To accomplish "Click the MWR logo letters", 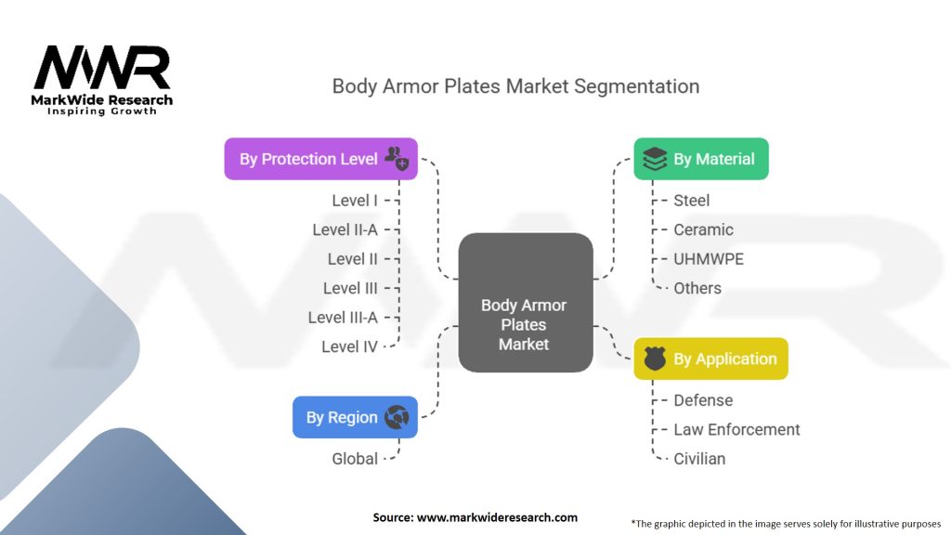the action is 102,67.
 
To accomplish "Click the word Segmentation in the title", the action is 636,86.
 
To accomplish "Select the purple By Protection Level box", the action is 320,159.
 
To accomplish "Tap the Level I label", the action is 354,201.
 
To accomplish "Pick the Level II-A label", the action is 345,230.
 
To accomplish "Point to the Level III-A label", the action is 343,318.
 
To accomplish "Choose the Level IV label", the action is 349,347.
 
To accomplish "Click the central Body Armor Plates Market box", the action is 526,303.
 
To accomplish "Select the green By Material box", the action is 701,159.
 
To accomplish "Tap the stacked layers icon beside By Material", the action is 655,159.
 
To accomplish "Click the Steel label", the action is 691,201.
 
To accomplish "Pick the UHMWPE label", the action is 709,259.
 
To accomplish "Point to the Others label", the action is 697,288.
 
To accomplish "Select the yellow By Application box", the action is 710,359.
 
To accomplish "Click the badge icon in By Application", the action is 655,359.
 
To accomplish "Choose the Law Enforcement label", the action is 736,429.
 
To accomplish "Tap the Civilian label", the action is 699,459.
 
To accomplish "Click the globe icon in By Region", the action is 397,417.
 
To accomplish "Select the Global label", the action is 355,459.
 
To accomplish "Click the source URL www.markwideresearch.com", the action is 498,517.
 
